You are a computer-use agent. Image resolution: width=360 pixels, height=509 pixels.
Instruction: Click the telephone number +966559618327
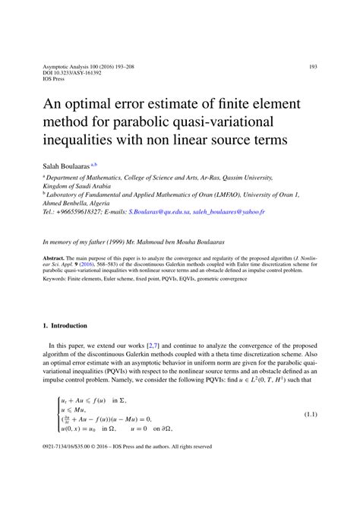[77, 215]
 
